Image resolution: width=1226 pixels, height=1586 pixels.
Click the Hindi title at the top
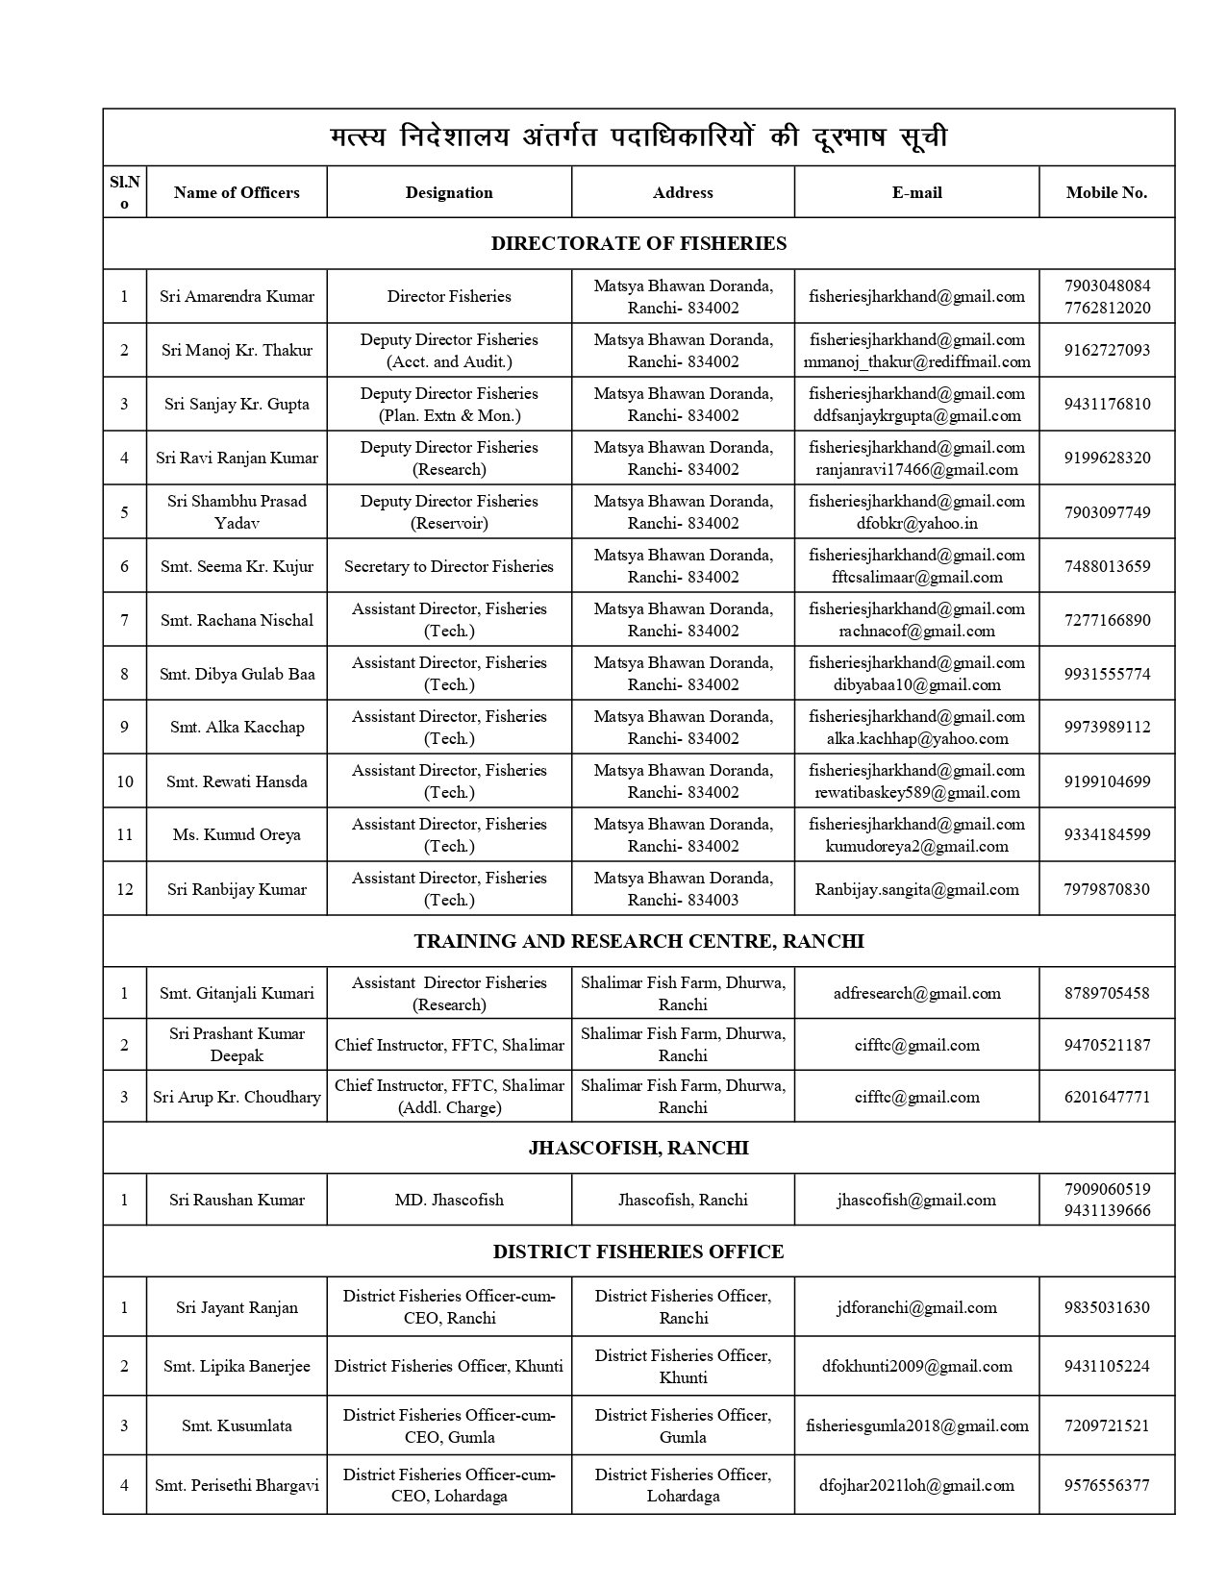coord(638,137)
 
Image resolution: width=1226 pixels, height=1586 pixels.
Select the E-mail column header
coord(916,192)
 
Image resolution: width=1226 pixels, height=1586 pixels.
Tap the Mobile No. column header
coord(1106,192)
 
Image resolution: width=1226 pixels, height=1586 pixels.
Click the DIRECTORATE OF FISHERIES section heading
coord(638,243)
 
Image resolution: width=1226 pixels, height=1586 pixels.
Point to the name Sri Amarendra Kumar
coord(237,296)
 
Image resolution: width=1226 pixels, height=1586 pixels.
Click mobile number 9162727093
coord(1107,350)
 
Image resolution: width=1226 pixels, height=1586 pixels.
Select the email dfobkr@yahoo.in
coord(916,523)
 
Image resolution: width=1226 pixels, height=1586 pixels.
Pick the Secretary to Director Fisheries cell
coord(449,566)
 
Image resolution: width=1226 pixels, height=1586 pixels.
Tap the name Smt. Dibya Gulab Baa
coord(237,674)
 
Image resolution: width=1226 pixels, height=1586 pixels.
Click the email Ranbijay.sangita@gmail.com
coord(916,889)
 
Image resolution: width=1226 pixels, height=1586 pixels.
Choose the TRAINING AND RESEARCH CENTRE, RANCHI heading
coord(638,941)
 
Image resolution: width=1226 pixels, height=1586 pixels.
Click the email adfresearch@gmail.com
coord(916,993)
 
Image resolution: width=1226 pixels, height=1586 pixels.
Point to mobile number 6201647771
coord(1107,1097)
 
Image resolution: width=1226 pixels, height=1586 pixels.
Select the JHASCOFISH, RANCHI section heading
coord(638,1148)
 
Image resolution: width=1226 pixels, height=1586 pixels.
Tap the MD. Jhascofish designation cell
coord(449,1200)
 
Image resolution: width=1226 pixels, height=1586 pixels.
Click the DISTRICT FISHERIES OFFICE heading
coord(638,1251)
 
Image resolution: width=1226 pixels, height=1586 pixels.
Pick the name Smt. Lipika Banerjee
coord(237,1366)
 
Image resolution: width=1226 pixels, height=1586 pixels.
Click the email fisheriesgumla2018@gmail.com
coord(916,1425)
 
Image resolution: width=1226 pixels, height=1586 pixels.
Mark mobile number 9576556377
coord(1107,1485)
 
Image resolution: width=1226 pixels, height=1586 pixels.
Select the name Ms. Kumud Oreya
coord(237,834)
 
